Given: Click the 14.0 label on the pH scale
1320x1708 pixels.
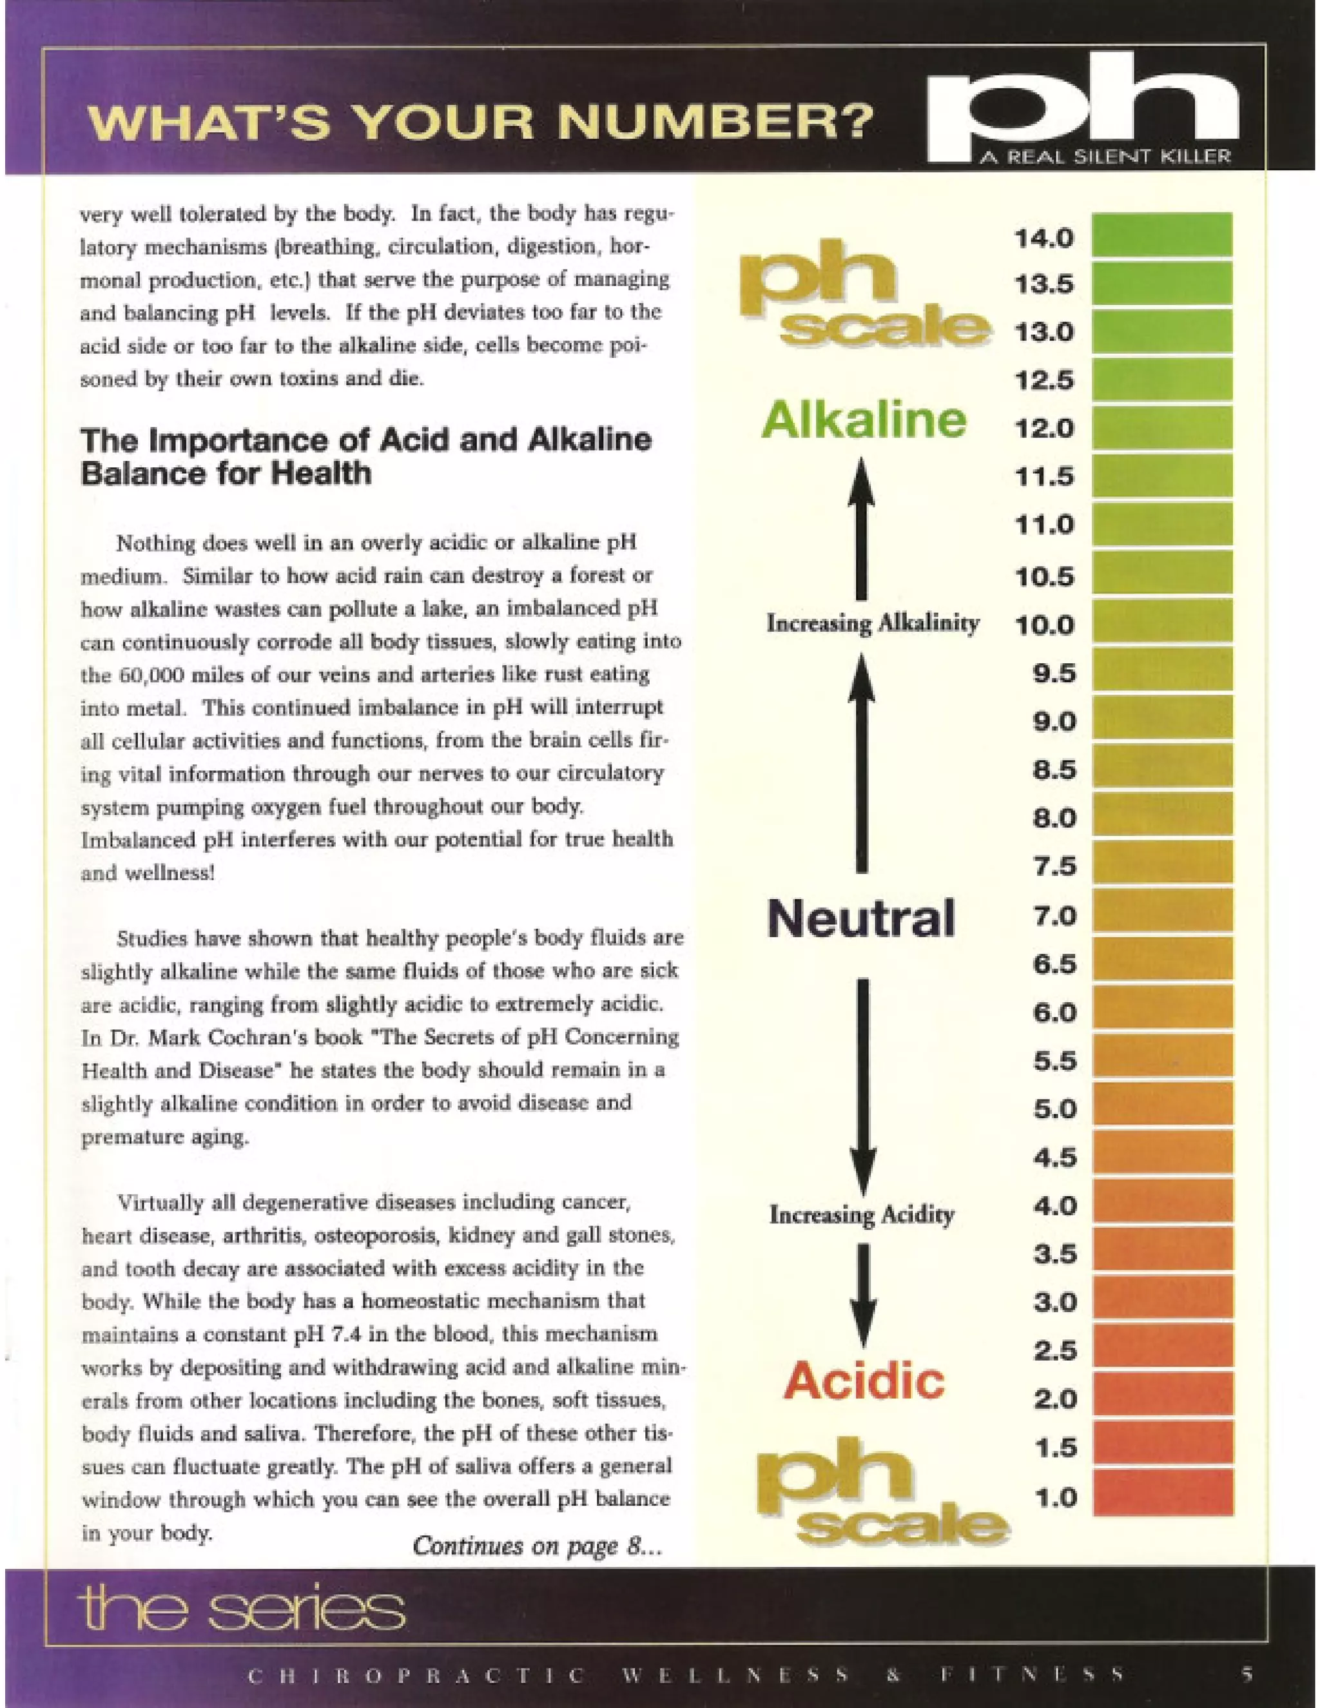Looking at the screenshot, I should point(1044,238).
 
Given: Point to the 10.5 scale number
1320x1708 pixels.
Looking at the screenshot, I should point(1044,577).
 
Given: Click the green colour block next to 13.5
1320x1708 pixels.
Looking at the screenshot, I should point(1161,283).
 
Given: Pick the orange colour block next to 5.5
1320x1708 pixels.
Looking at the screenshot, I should point(1161,1060).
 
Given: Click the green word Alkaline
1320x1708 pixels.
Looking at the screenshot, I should point(863,420).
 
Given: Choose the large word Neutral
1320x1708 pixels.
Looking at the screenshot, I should point(860,917).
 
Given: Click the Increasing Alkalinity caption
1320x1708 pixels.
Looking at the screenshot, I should point(872,623).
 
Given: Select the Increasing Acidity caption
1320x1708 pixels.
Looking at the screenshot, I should point(861,1214).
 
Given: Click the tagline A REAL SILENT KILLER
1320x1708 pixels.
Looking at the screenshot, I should point(1105,157).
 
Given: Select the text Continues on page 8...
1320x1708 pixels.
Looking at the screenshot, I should point(536,1546).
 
